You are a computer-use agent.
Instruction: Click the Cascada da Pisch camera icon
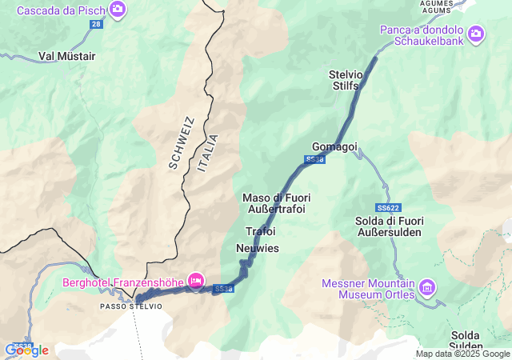pyautogui.click(x=118, y=10)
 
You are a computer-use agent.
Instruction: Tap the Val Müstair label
pyautogui.click(x=67, y=57)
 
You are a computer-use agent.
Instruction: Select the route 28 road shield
pyautogui.click(x=96, y=26)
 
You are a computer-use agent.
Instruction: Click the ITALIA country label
pyautogui.click(x=206, y=154)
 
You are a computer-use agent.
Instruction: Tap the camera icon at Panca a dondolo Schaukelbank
pyautogui.click(x=476, y=33)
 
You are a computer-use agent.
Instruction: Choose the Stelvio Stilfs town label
pyautogui.click(x=346, y=80)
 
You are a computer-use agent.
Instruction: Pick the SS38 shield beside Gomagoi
pyautogui.click(x=315, y=161)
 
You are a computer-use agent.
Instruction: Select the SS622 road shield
pyautogui.click(x=388, y=207)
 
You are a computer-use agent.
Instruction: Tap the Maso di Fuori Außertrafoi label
pyautogui.click(x=277, y=203)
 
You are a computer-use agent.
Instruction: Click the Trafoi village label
pyautogui.click(x=260, y=231)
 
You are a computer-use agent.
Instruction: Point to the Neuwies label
pyautogui.click(x=258, y=249)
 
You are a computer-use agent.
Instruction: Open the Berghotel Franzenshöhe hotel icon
pyautogui.click(x=194, y=280)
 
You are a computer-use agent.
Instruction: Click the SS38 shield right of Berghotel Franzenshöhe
pyautogui.click(x=224, y=289)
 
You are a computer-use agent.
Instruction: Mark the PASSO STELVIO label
pyautogui.click(x=131, y=306)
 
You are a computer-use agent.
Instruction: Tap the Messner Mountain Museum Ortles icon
pyautogui.click(x=427, y=286)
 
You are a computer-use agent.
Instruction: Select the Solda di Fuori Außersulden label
pyautogui.click(x=388, y=226)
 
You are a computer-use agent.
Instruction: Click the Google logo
pyautogui.click(x=26, y=350)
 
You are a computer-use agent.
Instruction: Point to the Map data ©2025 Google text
pyautogui.click(x=462, y=354)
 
